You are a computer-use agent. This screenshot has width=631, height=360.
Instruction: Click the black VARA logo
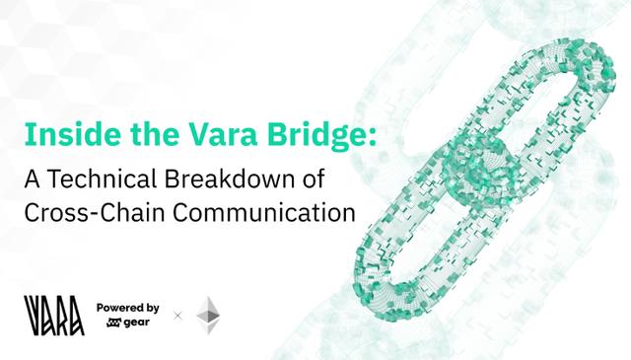[49, 313]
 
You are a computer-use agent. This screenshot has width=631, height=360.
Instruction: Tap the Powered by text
[128, 307]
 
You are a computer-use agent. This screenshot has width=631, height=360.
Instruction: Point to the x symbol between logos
[178, 316]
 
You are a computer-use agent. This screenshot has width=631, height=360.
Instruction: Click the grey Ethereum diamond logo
[208, 314]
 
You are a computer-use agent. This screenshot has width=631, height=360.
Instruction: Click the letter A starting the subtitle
[31, 180]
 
